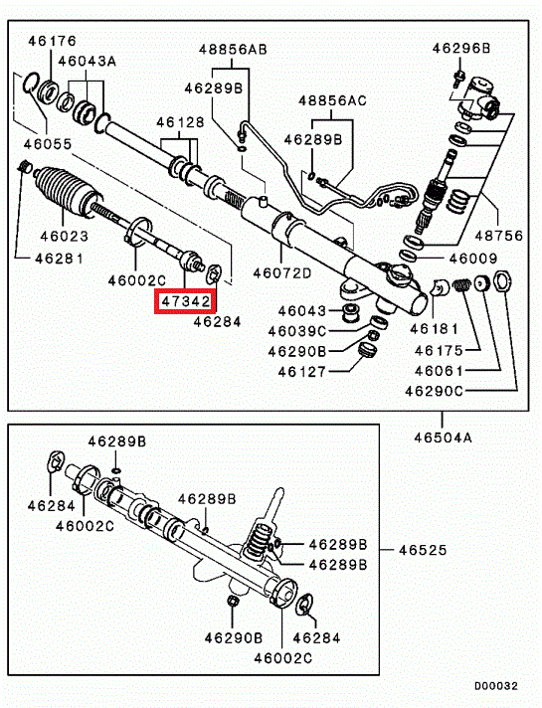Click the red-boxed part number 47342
tap(186, 300)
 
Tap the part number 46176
tap(53, 41)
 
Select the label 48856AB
tap(233, 49)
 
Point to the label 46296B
tap(460, 48)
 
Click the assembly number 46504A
tap(443, 438)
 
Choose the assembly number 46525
tap(423, 550)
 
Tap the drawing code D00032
tap(496, 686)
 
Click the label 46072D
tap(281, 273)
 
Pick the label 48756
tap(498, 236)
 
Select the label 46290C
tap(434, 391)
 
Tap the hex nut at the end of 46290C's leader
tap(502, 280)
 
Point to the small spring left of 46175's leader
tap(461, 284)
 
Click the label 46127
tap(301, 372)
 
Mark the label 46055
tap(48, 144)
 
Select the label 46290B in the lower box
tap(233, 638)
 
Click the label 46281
tap(59, 259)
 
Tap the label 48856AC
tap(332, 100)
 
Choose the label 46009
tap(473, 259)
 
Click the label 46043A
tap(87, 61)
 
